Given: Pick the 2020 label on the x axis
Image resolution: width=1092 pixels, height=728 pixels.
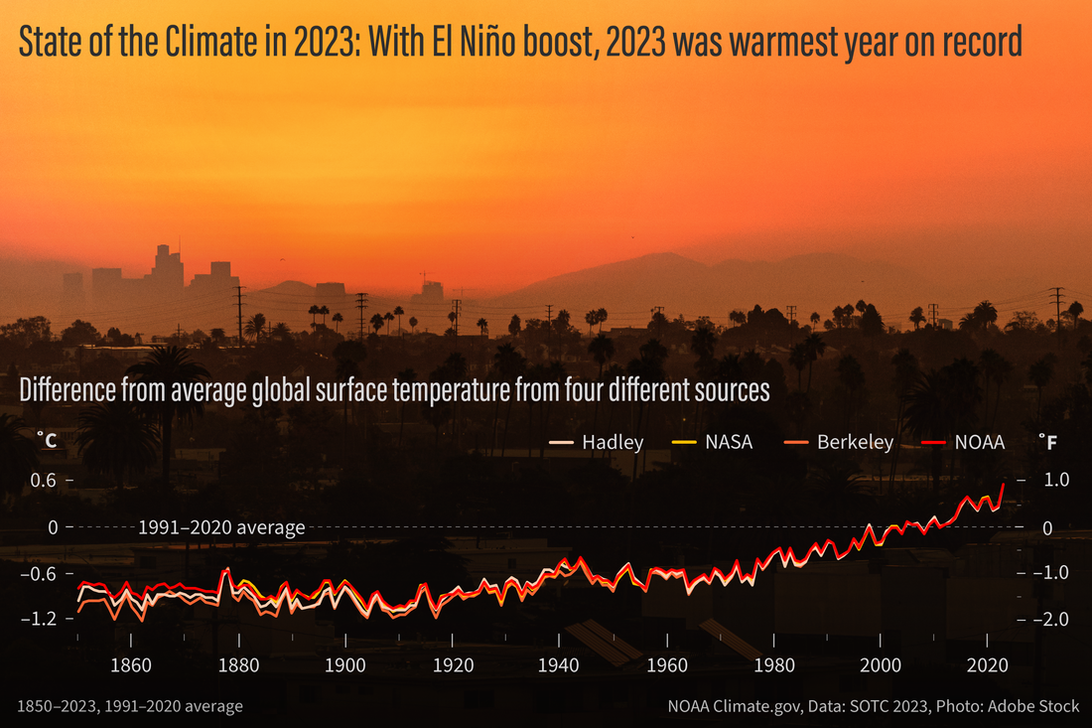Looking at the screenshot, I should (988, 664).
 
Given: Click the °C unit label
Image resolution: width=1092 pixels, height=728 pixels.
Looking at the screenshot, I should (47, 438).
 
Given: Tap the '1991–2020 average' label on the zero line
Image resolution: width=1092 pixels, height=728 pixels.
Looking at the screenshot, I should (221, 527).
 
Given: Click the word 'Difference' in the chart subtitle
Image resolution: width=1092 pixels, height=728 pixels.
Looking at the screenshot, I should (67, 390).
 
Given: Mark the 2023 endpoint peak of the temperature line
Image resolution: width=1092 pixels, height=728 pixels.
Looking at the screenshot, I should (1003, 485).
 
